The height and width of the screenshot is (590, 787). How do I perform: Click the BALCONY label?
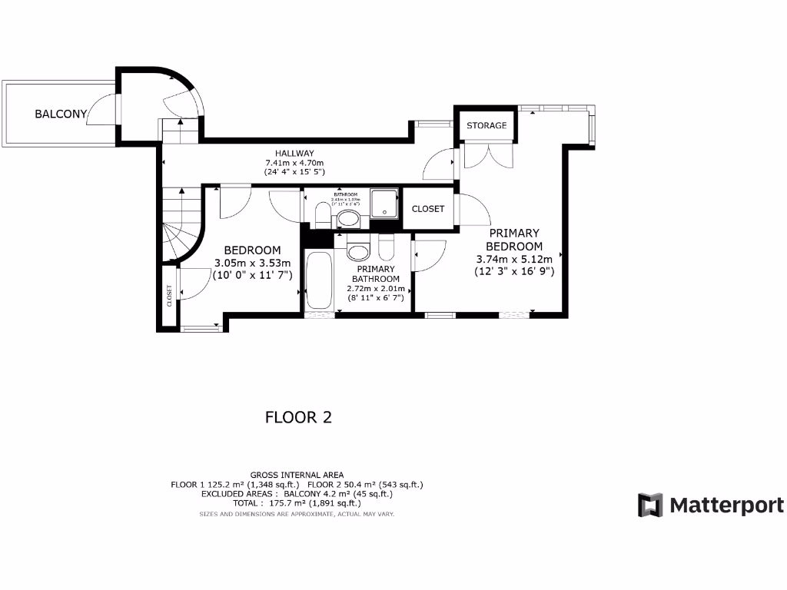tap(61, 114)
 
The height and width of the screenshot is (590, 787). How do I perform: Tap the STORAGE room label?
tap(486, 125)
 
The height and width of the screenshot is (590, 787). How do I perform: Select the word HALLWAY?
tap(290, 154)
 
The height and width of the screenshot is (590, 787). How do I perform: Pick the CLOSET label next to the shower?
tap(428, 208)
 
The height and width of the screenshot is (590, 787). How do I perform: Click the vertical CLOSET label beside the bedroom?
tap(169, 296)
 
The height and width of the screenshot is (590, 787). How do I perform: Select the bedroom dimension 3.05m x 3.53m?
tap(252, 262)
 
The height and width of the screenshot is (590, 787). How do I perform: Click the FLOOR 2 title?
tap(298, 417)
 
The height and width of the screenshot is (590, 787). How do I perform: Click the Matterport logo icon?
tap(650, 505)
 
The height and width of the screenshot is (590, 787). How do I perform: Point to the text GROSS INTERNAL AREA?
tap(297, 475)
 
